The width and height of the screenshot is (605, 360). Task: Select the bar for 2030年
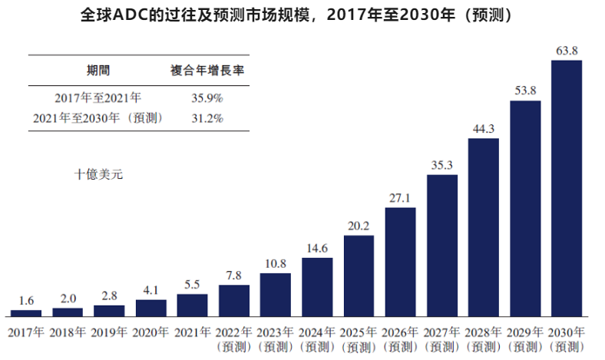click(x=567, y=188)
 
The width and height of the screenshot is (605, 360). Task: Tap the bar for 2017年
click(x=26, y=313)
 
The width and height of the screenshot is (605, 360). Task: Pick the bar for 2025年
click(x=359, y=276)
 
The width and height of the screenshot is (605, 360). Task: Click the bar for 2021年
click(x=192, y=305)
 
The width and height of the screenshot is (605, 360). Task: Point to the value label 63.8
click(x=567, y=51)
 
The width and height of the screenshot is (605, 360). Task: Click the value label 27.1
click(x=400, y=198)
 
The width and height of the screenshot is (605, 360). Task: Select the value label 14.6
click(x=317, y=249)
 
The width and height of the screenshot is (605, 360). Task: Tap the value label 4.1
click(x=150, y=291)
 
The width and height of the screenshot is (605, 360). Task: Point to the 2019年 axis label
click(x=109, y=332)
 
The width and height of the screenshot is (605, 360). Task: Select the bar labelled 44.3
click(x=484, y=227)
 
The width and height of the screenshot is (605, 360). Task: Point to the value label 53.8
click(x=525, y=90)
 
